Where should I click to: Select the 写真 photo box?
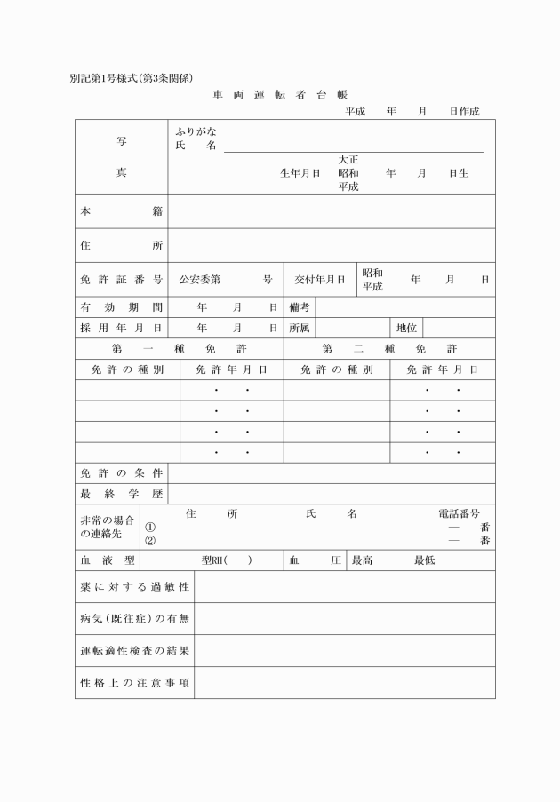click(x=121, y=157)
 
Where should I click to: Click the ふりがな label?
click(x=196, y=131)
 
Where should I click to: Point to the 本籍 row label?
click(x=121, y=211)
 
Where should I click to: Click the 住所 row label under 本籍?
click(x=121, y=246)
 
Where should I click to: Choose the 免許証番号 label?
click(x=121, y=280)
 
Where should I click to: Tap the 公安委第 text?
click(x=200, y=280)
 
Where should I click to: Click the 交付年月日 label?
click(x=320, y=280)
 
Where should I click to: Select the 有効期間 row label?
click(x=121, y=307)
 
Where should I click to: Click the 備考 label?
click(x=299, y=307)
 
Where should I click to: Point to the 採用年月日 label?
click(x=121, y=328)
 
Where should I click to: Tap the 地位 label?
click(x=407, y=328)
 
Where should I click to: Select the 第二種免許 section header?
click(x=389, y=348)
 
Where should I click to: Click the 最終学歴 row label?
click(x=121, y=494)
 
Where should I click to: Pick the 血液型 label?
click(x=108, y=560)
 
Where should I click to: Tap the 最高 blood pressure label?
click(x=362, y=560)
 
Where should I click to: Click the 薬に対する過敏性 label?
click(x=134, y=587)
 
